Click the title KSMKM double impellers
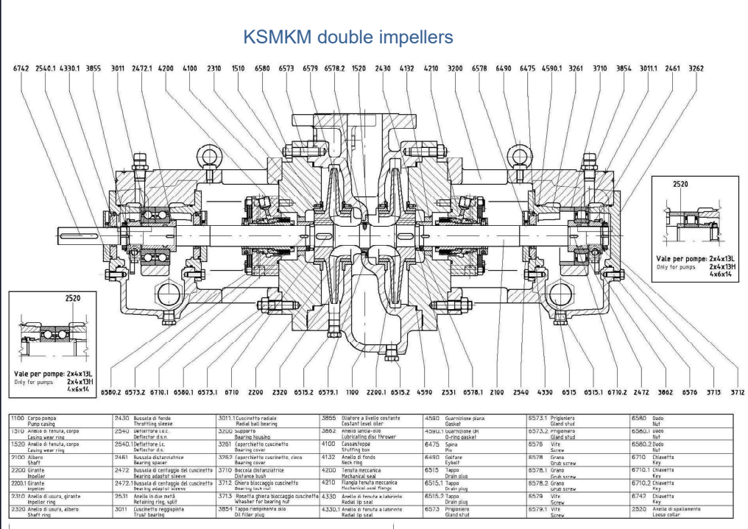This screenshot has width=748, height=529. click(x=373, y=36)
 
